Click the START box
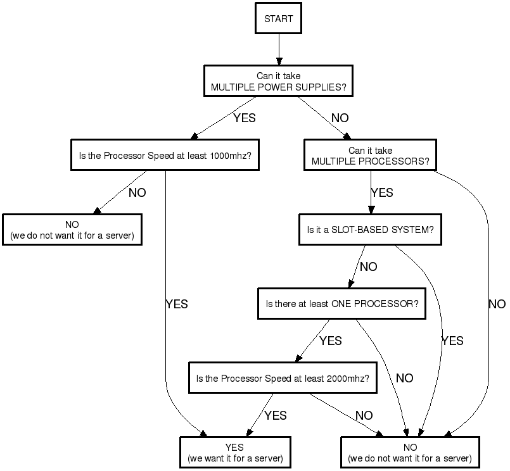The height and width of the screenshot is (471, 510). pos(278,19)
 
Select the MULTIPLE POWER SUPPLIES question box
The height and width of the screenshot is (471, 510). pos(278,82)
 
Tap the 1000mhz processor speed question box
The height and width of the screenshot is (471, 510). pos(165,154)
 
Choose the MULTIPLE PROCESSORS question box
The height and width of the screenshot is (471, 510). pos(370,156)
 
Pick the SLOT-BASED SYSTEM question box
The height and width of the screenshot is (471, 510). pos(370,230)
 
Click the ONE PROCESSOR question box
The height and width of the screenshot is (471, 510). pos(341,304)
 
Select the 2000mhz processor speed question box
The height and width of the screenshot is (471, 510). pos(283,379)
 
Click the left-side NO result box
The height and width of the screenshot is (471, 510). pos(72,230)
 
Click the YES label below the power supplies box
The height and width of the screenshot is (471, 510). pos(245,118)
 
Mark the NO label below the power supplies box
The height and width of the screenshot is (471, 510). pos(340,118)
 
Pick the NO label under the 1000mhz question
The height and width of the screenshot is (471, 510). pos(137,192)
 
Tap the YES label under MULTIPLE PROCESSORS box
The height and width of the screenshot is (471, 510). pos(382,192)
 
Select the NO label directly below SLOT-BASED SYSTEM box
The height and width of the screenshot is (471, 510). pos(368,267)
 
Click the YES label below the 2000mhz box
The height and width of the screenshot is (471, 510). pos(275,415)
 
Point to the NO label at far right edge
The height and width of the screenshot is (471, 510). pos(497,304)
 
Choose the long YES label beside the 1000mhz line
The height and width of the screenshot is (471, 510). pos(177,304)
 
